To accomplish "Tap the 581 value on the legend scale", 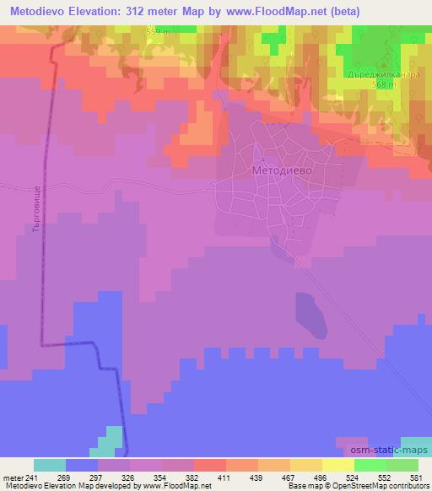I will tap(407, 478).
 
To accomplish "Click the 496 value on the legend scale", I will tap(319, 478).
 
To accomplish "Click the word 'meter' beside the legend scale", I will tap(12, 478).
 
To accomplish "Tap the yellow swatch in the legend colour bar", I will tap(337, 465).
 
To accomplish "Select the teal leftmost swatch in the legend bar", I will tap(50, 465).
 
